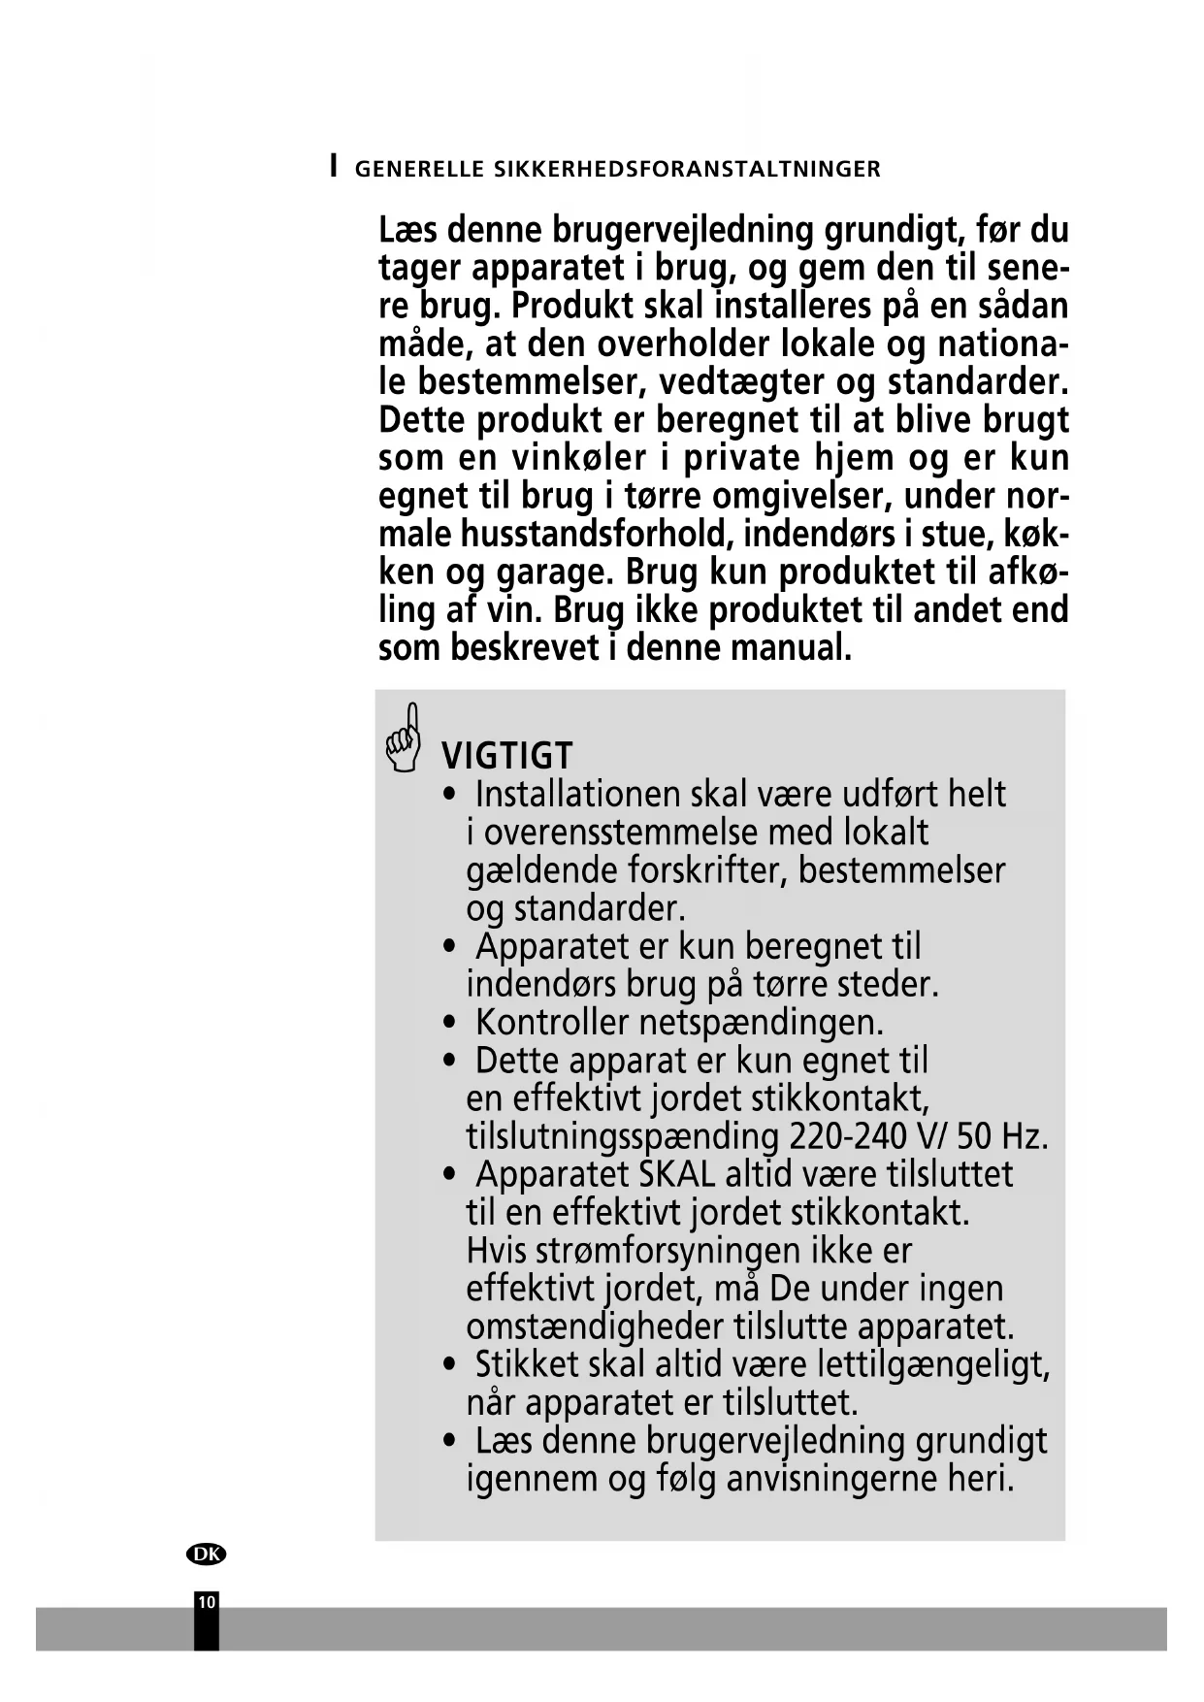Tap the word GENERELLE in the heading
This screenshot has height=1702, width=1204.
[419, 169]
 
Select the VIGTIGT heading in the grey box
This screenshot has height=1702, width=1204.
[506, 755]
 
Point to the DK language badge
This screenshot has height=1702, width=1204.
[206, 1554]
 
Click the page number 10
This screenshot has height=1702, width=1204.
[206, 1602]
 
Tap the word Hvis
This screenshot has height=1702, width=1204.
[497, 1251]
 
